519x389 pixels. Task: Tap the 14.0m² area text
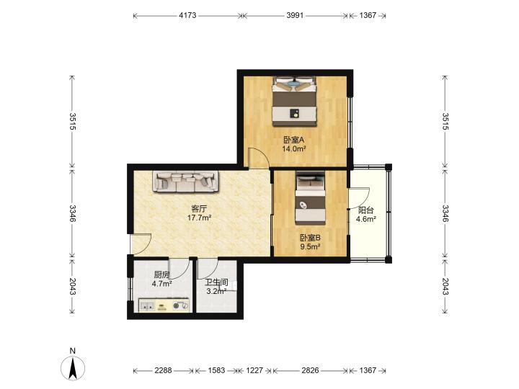tap(293, 149)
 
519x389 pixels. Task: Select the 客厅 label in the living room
tap(199, 209)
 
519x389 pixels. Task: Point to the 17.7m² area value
tap(199, 218)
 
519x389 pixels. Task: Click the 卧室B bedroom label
tap(310, 238)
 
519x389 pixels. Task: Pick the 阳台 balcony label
tap(366, 210)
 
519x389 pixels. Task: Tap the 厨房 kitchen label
tap(162, 275)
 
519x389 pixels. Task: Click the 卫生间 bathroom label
tap(216, 282)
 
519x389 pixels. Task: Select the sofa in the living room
tap(185, 182)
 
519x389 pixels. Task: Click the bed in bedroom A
tap(294, 102)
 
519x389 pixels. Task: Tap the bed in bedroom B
tap(310, 198)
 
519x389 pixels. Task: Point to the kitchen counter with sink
tap(164, 305)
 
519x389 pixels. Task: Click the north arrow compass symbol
tap(73, 368)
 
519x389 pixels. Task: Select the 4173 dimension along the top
tap(187, 15)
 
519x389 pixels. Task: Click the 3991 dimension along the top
tap(295, 15)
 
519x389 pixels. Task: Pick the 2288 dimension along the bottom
tap(163, 370)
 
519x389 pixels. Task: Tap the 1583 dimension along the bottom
tap(216, 370)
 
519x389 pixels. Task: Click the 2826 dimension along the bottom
tap(310, 370)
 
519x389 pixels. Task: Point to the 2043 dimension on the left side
tap(73, 287)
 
